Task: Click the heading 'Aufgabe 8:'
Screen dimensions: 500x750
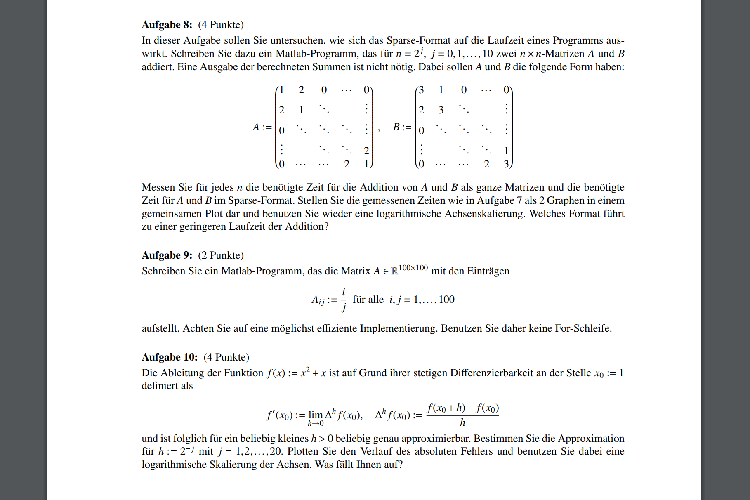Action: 167,25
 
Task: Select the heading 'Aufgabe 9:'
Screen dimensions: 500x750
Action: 167,255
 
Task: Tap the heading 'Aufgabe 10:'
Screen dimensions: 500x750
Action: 170,357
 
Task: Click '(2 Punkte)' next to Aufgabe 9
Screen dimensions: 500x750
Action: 221,255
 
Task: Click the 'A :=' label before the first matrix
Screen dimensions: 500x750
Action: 262,127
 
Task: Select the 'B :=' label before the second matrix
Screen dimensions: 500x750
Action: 402,127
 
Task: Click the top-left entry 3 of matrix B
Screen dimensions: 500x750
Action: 421,90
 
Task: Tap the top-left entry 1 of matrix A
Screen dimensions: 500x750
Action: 281,90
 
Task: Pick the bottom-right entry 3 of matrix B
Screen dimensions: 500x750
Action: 506,164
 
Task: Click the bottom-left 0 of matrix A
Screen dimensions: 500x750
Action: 281,164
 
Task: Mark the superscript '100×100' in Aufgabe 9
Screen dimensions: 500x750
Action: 413,268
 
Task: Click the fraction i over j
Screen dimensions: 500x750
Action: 344,300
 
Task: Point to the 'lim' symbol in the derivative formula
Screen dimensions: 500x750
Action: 316,415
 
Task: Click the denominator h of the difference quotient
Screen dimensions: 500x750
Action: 462,422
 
